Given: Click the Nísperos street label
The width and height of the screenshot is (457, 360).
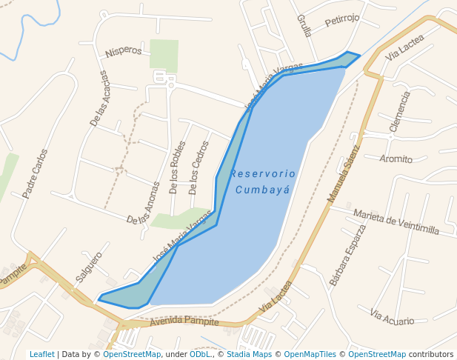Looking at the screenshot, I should coord(124,51).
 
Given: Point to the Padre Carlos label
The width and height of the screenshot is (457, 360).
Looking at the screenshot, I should coord(35,174).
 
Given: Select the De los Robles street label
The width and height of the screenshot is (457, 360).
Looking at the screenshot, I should coord(177,167).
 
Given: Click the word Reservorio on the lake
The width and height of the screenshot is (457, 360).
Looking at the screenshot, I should coord(263,173).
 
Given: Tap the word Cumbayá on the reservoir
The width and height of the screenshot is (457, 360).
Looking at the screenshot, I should coord(262,190).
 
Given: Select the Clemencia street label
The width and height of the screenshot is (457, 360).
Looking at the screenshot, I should coord(399,111).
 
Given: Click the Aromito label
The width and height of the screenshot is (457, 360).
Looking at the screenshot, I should coord(396,159).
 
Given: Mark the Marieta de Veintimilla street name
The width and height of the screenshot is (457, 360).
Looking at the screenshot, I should coord(396,221).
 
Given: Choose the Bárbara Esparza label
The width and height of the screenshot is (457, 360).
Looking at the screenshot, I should coord(347,255).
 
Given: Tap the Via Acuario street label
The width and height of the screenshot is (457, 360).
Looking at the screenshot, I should coord(393,318).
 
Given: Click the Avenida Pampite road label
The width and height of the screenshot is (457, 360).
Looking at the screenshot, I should coord(184,321).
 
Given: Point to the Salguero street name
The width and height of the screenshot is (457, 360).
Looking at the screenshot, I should coord(88,267).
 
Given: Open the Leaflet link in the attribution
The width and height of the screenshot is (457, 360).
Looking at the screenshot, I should coord(41,354).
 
